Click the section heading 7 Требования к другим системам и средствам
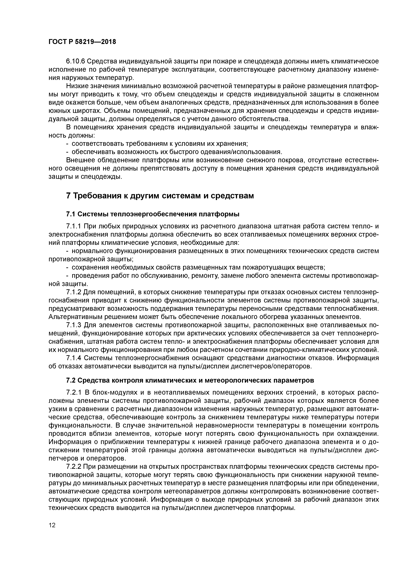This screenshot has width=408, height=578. click(x=160, y=196)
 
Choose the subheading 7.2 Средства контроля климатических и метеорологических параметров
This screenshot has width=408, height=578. click(x=190, y=380)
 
